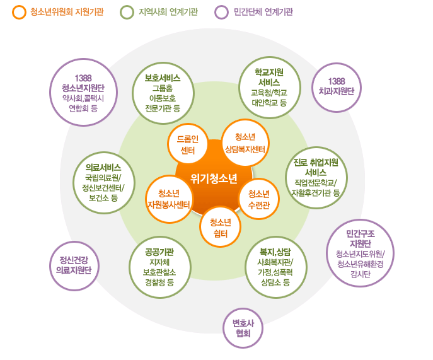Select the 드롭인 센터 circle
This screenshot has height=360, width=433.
click(187, 144)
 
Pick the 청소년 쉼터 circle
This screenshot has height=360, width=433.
click(220, 227)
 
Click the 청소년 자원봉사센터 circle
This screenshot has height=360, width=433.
click(168, 199)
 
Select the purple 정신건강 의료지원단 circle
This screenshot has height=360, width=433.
click(75, 265)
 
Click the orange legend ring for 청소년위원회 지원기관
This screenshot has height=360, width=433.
click(19, 12)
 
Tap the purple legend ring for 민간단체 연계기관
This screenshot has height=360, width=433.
click(221, 12)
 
